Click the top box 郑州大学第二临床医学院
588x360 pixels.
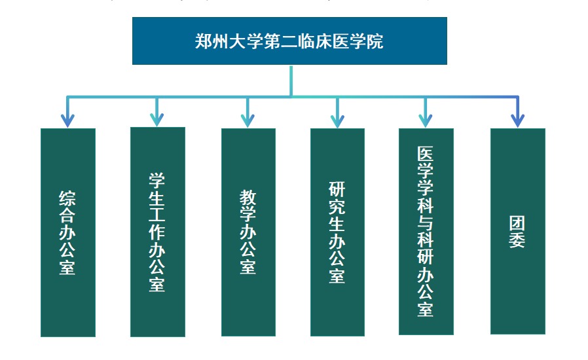tap(289, 41)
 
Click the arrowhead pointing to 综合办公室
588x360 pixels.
tap(67, 120)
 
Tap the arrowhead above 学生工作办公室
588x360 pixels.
tap(156, 120)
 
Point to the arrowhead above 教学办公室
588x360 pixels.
tap(248, 120)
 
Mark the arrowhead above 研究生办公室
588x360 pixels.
tap(337, 120)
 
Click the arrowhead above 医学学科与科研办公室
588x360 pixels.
tap(426, 120)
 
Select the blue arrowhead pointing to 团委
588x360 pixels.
tap(517, 120)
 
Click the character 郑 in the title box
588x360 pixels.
tap(204, 41)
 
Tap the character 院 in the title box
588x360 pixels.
tap(375, 41)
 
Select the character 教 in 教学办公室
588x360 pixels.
tap(248, 198)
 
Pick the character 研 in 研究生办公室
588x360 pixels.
tap(337, 191)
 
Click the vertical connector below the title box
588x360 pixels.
tap(291, 80)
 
